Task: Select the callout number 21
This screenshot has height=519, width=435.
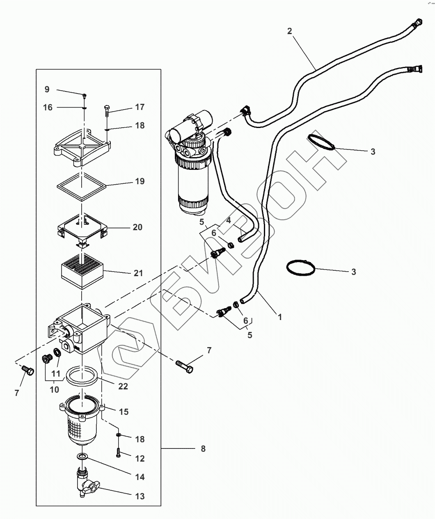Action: click(x=138, y=273)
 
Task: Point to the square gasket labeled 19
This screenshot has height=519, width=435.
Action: click(x=82, y=187)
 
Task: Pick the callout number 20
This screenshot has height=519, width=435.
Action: click(x=137, y=227)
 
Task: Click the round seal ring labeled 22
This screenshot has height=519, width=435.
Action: click(x=81, y=378)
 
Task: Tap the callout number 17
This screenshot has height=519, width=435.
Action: click(x=140, y=107)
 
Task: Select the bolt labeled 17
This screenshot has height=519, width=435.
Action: click(x=106, y=111)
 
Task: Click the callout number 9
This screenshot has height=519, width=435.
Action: click(x=47, y=89)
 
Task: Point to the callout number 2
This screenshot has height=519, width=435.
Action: click(x=289, y=31)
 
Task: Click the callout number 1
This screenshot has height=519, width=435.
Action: click(x=280, y=317)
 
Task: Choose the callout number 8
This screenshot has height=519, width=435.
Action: click(x=203, y=449)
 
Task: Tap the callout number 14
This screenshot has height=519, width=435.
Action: click(x=140, y=477)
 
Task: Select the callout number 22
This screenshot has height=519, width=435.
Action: click(x=123, y=386)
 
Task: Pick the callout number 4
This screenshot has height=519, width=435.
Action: click(x=228, y=220)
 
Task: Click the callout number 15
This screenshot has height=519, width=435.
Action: click(x=124, y=412)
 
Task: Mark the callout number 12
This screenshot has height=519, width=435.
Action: click(x=140, y=459)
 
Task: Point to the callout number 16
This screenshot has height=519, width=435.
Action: click(x=48, y=107)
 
